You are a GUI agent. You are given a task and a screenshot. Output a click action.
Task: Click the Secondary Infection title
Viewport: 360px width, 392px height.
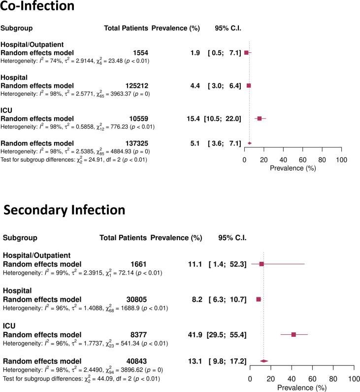pos(64,210)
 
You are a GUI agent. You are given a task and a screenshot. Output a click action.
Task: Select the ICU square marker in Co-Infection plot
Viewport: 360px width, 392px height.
pos(260,118)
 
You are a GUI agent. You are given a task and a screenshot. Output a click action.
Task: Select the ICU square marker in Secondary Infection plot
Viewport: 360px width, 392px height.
pos(294,334)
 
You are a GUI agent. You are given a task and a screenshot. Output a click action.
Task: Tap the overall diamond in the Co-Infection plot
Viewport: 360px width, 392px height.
pos(250,143)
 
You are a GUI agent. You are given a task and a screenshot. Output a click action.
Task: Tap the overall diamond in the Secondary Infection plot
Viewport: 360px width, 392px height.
pos(263,361)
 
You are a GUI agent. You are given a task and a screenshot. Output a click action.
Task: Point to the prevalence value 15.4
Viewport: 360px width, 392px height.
pos(193,118)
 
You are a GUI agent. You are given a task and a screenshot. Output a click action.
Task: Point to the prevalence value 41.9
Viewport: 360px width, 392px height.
pos(195,334)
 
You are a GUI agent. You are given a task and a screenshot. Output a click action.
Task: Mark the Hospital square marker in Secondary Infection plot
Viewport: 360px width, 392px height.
pos(259,299)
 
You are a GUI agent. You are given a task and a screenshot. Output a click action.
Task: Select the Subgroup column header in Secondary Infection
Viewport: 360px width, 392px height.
pos(20,237)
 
